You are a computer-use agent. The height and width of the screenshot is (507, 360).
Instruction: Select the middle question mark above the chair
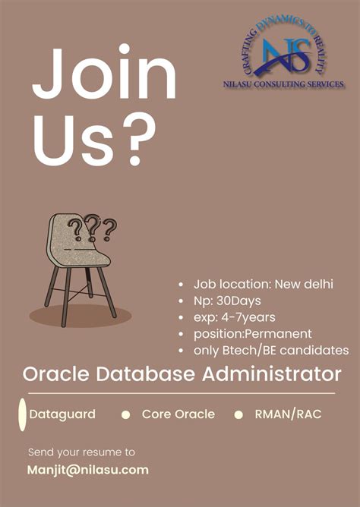pos(93,224)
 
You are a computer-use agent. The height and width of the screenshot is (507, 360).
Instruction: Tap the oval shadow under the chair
pos(81,315)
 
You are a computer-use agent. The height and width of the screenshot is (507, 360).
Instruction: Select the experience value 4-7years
pos(246,316)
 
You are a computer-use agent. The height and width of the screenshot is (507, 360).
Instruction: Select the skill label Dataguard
pos(62,414)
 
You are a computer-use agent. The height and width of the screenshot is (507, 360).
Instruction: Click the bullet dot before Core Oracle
pos(126,414)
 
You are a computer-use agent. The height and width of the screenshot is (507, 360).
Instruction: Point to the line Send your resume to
pos(81,452)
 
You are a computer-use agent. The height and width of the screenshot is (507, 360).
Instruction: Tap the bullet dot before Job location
pos(180,285)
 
